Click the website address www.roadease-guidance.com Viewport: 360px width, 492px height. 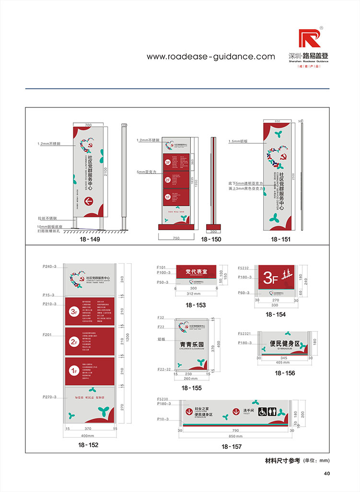(x=211, y=57)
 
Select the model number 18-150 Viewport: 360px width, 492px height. (x=211, y=239)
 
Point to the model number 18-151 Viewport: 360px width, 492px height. (x=280, y=239)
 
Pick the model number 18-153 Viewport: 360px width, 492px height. (x=196, y=305)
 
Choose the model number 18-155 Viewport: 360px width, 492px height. (x=192, y=387)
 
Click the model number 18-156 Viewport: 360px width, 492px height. (x=285, y=373)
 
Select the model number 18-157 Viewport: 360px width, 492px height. (x=232, y=446)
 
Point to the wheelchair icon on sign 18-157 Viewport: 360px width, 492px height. (x=263, y=411)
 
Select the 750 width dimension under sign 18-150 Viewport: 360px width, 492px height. (x=176, y=238)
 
